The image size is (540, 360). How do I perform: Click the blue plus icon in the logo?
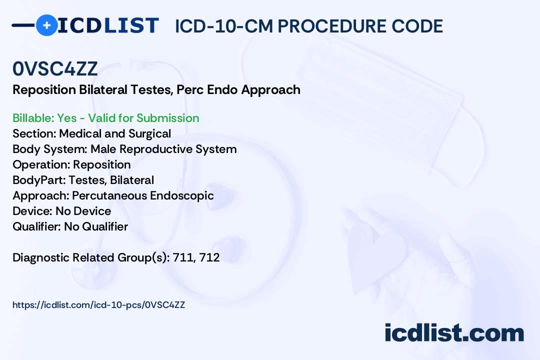pos(47,25)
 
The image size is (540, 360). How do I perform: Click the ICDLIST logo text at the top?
pos(108,25)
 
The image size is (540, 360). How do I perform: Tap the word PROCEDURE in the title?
pos(331,26)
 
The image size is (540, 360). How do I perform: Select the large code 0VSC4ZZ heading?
pos(55,68)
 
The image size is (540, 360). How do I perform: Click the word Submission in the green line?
pos(167,118)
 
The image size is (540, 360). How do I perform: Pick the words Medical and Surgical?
pos(115,133)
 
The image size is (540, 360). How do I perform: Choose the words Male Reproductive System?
pos(163,149)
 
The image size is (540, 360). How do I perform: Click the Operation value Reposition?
pos(102,164)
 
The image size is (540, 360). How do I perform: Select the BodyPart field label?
pos(39,180)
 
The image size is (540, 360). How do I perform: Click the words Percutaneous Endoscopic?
pos(143,195)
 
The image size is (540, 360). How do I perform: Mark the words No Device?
pos(83,211)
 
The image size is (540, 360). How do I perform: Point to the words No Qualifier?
pos(96,226)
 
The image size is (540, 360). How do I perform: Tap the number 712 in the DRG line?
pos(209,257)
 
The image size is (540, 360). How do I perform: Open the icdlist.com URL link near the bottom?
pos(99,305)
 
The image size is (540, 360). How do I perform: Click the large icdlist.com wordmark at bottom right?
pos(454,332)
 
